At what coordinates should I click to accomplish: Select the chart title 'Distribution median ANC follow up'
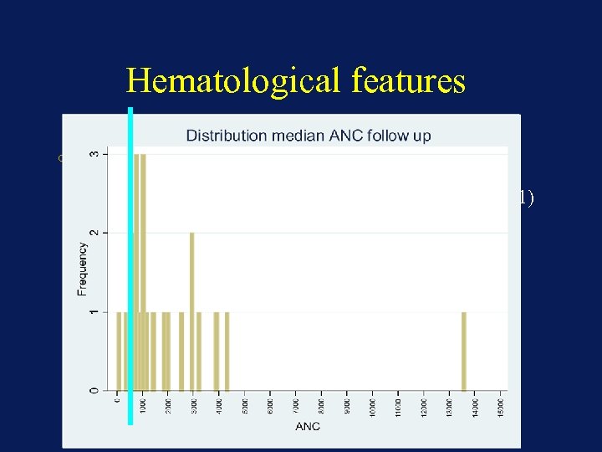tap(308, 136)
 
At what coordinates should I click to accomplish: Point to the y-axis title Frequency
tap(82, 269)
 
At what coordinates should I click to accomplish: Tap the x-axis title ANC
tap(307, 427)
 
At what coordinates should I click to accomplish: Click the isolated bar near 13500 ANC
tap(464, 351)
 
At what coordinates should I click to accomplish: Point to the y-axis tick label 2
tap(93, 233)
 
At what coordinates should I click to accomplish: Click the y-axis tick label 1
tap(93, 312)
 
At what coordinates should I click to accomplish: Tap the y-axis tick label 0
tap(93, 390)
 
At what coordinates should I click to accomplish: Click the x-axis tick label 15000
tap(501, 407)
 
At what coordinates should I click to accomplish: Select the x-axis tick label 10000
tap(373, 407)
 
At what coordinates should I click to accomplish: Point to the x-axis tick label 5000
tap(245, 407)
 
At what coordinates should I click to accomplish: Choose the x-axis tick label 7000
tap(296, 407)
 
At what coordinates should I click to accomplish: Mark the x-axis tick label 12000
tap(424, 407)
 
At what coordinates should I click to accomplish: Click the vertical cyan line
tap(130, 268)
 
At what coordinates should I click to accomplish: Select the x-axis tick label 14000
tap(475, 407)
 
